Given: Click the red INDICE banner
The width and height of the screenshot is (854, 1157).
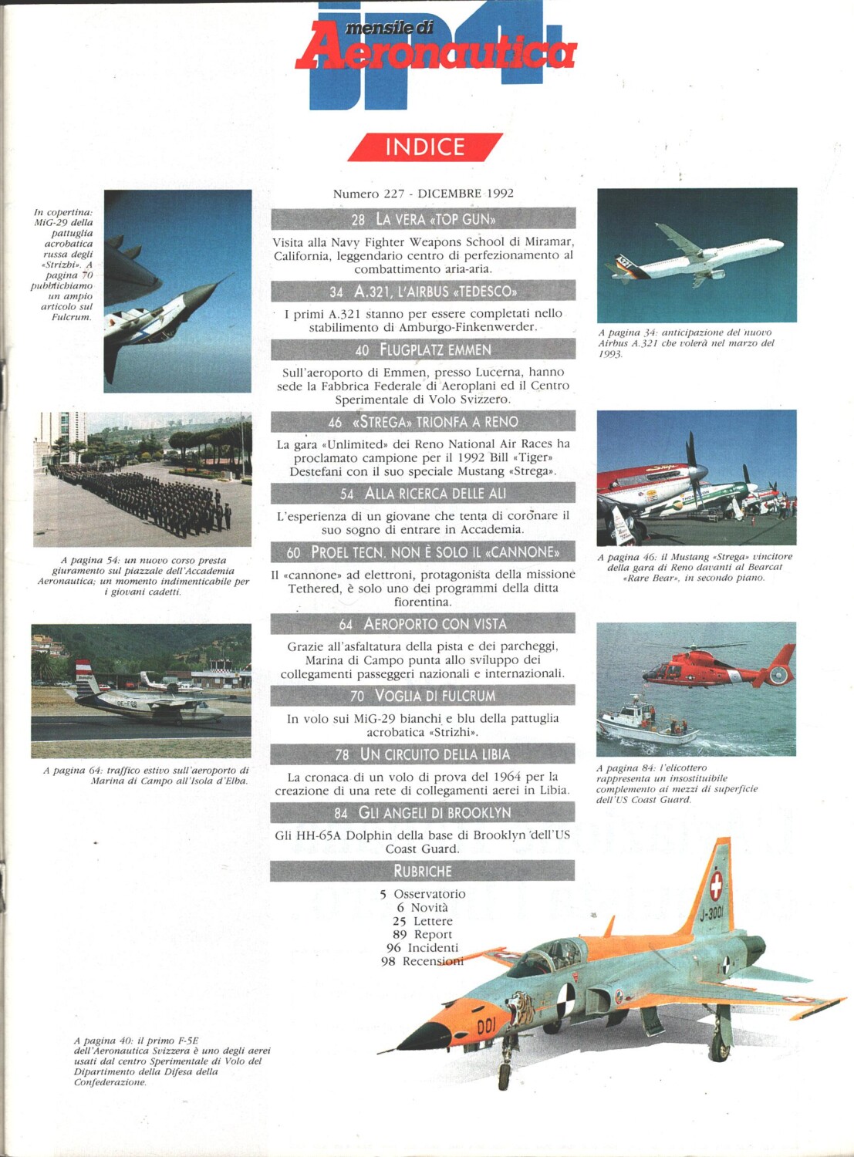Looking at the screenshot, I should tap(425, 147).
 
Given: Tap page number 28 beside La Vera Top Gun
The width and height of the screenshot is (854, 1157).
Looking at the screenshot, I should tap(358, 220).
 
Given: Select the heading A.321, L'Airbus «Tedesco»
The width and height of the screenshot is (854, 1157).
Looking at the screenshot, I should tap(435, 292).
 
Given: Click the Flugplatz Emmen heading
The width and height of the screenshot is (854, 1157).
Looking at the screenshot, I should tap(435, 350).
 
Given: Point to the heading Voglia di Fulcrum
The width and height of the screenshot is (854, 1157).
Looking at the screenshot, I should tap(435, 696).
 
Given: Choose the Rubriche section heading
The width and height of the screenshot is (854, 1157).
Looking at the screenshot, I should tap(423, 871).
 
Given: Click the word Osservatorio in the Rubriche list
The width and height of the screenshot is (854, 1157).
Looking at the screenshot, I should tap(430, 894).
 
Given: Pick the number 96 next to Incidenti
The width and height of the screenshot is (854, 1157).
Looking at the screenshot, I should tap(393, 948).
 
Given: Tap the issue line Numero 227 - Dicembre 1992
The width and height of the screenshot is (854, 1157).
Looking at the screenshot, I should tap(423, 194).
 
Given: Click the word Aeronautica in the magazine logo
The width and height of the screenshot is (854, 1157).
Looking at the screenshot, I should tap(436, 52).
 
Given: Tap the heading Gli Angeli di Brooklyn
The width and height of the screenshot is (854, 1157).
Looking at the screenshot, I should tap(434, 813).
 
